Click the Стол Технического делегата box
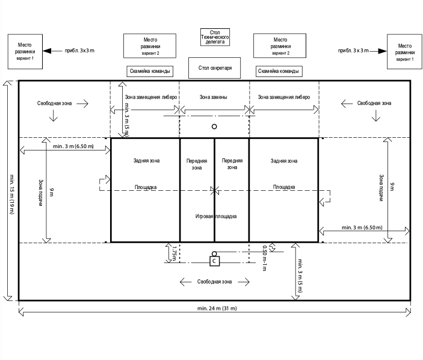pos(215,37)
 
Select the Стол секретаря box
pos(215,68)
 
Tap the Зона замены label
pos(214,96)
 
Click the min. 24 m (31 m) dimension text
pos(215,309)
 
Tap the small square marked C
pos(215,261)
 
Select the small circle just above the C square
pos(215,253)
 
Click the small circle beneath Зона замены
pos(214,126)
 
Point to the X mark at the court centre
pos(215,190)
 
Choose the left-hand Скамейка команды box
pos(150,71)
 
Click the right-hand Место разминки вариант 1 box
pos(405,52)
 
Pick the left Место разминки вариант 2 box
pos(150,46)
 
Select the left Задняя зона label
pos(146,161)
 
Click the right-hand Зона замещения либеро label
pos(283,96)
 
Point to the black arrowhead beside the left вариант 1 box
pos(49,51)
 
